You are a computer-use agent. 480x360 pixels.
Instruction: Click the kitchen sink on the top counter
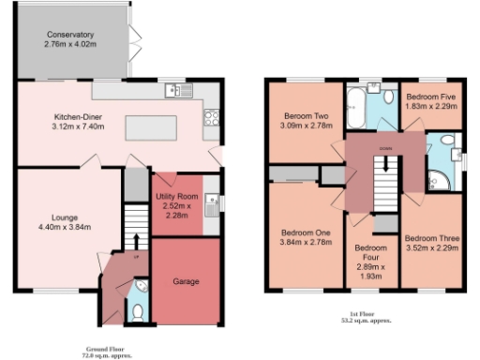[x=174, y=91]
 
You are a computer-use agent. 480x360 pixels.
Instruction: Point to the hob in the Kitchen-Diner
[x=212, y=117]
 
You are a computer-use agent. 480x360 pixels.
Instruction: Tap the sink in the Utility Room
[x=212, y=201]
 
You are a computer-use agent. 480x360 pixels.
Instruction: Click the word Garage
[x=187, y=280]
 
